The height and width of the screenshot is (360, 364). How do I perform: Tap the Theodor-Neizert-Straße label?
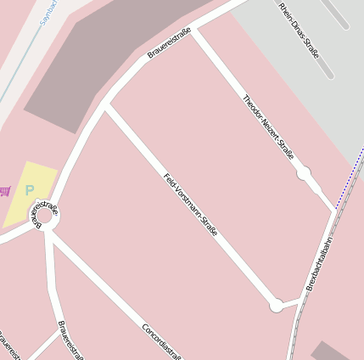(x=268, y=127)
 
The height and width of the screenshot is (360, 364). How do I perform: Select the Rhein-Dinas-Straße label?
(x=298, y=29)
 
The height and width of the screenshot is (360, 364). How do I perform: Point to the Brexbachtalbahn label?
(x=316, y=262)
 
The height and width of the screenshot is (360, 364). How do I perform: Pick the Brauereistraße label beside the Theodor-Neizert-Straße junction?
(x=169, y=42)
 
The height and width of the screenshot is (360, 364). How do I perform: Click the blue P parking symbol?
(x=30, y=191)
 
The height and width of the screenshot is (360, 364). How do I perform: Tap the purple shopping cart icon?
(x=5, y=190)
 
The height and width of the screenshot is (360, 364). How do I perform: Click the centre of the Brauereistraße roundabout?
(x=45, y=217)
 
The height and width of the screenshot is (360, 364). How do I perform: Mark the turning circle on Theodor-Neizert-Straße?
(x=303, y=173)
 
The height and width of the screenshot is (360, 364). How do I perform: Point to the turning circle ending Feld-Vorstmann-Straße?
(x=276, y=305)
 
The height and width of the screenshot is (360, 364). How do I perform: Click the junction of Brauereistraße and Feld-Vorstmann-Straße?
(x=106, y=107)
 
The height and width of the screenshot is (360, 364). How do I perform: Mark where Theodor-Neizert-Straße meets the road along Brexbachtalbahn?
(x=333, y=211)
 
